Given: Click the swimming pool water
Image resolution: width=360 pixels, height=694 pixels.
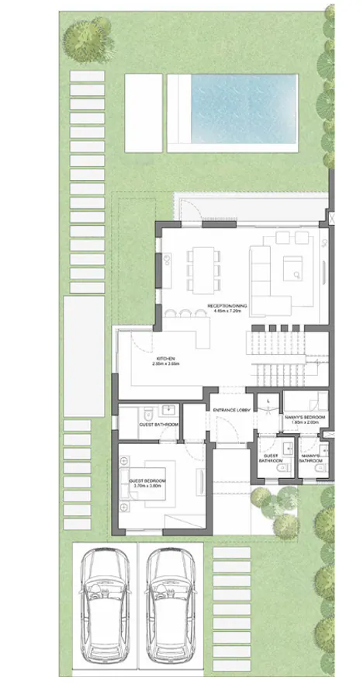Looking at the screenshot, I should [x=244, y=108].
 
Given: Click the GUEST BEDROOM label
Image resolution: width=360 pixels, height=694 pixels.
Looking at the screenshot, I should [x=145, y=481].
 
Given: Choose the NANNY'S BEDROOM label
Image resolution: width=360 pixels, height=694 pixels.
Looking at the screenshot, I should [x=304, y=418].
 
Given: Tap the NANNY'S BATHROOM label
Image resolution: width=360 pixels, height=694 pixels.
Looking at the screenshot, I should [x=310, y=457].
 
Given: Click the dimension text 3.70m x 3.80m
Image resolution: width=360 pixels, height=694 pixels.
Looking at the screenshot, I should [x=145, y=487].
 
